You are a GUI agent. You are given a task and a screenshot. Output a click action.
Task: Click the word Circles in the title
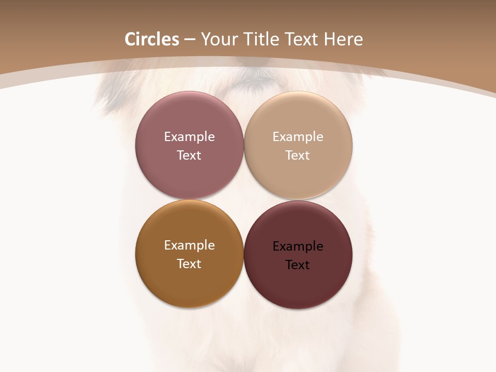coord(152,39)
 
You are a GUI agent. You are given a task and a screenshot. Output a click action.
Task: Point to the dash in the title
coord(190,40)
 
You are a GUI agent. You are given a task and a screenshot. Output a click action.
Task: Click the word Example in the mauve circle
coord(189,137)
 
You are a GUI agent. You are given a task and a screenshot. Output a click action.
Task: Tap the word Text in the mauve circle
coord(189,156)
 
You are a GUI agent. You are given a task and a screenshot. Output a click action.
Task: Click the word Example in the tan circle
coord(298,137)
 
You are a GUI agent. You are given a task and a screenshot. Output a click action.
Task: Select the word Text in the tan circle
coord(298,156)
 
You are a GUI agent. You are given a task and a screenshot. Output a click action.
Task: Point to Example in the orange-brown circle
coord(189,245)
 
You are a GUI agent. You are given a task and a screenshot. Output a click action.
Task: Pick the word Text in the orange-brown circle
coord(189,264)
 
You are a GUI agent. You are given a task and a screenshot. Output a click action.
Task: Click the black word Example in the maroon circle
coord(298,246)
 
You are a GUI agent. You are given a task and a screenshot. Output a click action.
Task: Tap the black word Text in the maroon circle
coord(298,265)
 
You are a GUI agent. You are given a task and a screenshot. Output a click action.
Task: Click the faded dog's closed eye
coord(253,81)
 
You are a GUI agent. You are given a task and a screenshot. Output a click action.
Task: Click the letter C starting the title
coord(131,39)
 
